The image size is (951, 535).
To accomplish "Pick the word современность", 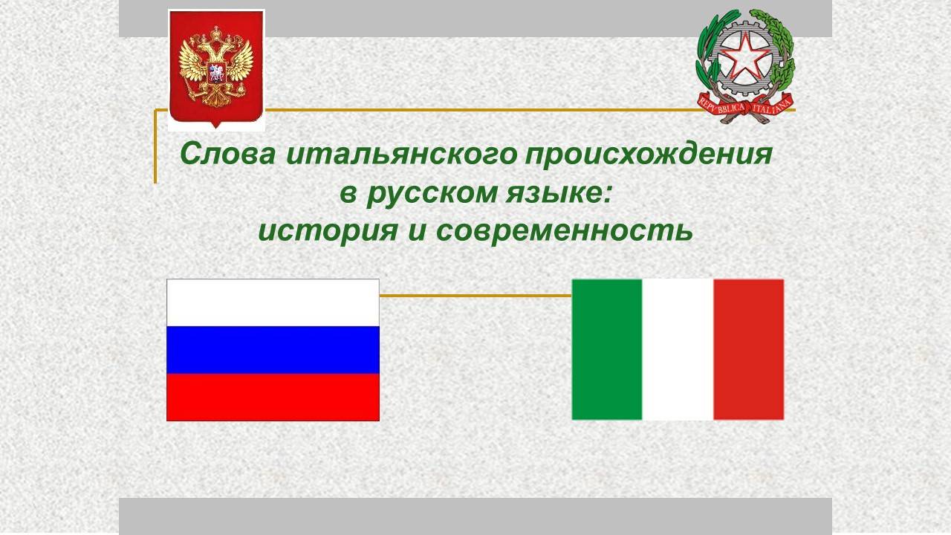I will pyautogui.click(x=564, y=231).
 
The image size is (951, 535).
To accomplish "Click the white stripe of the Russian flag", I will pyautogui.click(x=273, y=302).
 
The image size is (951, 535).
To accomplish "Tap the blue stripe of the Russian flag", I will pyautogui.click(x=273, y=350).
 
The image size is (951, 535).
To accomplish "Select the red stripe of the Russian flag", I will pyautogui.click(x=273, y=397).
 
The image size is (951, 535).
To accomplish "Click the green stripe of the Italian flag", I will pyautogui.click(x=606, y=349).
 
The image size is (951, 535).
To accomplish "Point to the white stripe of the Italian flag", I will pyautogui.click(x=678, y=349).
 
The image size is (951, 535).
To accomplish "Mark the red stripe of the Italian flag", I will pyautogui.click(x=748, y=349).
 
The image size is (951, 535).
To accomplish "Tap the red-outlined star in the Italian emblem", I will pyautogui.click(x=745, y=57).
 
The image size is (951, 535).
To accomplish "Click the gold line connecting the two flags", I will pyautogui.click(x=475, y=296).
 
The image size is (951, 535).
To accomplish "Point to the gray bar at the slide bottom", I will pyautogui.click(x=475, y=516).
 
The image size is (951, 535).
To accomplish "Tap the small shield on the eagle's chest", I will pyautogui.click(x=216, y=73).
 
